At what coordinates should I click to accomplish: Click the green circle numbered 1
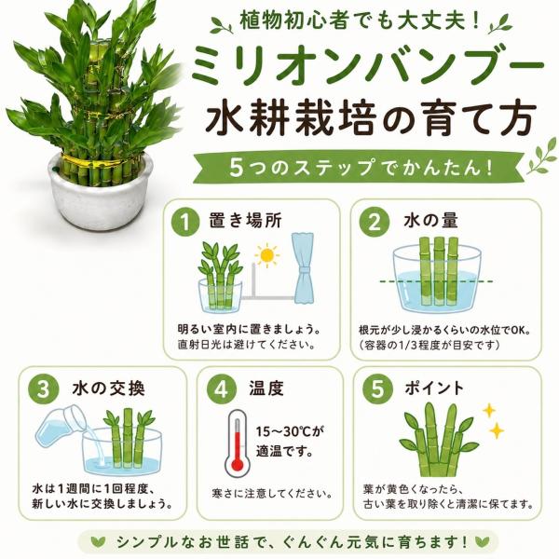[x=185, y=222]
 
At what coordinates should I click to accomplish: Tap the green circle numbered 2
[x=374, y=222]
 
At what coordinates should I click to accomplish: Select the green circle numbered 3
[x=44, y=389]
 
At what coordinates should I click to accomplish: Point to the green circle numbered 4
[x=221, y=389]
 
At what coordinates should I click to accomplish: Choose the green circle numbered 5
[x=377, y=389]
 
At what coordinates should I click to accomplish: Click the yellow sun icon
[x=267, y=255]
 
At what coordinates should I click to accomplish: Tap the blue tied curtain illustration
[x=303, y=268]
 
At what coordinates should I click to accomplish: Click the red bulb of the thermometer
[x=238, y=465]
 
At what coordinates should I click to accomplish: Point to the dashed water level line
[x=437, y=281]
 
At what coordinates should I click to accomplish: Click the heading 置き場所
[x=246, y=221]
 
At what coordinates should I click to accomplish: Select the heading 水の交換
[x=109, y=389]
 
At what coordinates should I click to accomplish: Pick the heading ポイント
[x=434, y=388]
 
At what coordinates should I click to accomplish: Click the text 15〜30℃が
[x=291, y=431]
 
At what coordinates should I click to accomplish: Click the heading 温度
[x=266, y=389]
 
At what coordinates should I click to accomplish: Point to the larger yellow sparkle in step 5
[x=496, y=430]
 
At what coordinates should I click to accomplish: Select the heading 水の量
[x=430, y=221]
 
